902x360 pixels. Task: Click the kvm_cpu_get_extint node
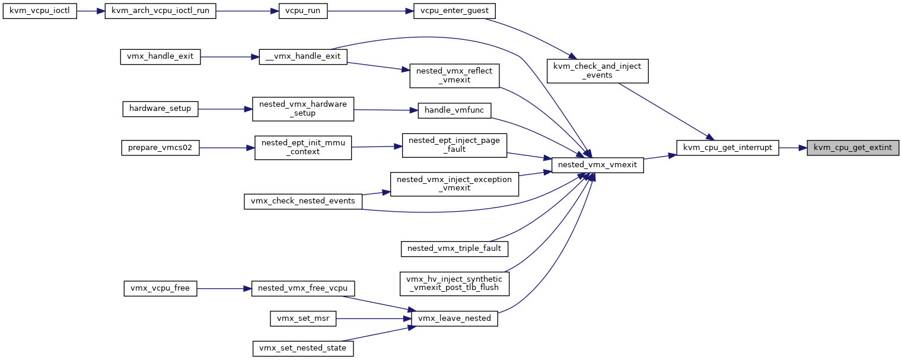pos(853,148)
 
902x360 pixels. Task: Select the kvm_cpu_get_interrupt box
pos(728,148)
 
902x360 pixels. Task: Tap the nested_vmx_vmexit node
pos(598,165)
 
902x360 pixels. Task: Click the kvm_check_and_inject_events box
pos(598,71)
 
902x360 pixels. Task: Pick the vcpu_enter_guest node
pos(454,11)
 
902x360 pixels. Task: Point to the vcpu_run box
pos(303,11)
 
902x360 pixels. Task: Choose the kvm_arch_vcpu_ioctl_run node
pos(160,11)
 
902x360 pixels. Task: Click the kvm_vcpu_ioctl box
pos(40,11)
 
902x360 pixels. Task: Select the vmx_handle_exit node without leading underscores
pos(160,57)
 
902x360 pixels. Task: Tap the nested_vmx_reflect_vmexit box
pos(454,76)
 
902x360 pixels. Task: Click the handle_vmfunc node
pos(454,111)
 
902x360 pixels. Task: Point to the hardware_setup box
pos(160,109)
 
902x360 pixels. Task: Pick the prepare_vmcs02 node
pos(160,148)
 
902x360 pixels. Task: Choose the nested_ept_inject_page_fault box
pos(454,145)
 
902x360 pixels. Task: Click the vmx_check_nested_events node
pos(303,201)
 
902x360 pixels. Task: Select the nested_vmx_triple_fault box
pos(454,249)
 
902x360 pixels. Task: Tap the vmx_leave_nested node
pos(454,318)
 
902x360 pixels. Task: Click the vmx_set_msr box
pos(303,318)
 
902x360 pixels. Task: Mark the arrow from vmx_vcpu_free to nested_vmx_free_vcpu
pos(224,289)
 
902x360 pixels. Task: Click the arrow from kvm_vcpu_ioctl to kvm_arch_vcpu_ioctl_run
pos(91,11)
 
